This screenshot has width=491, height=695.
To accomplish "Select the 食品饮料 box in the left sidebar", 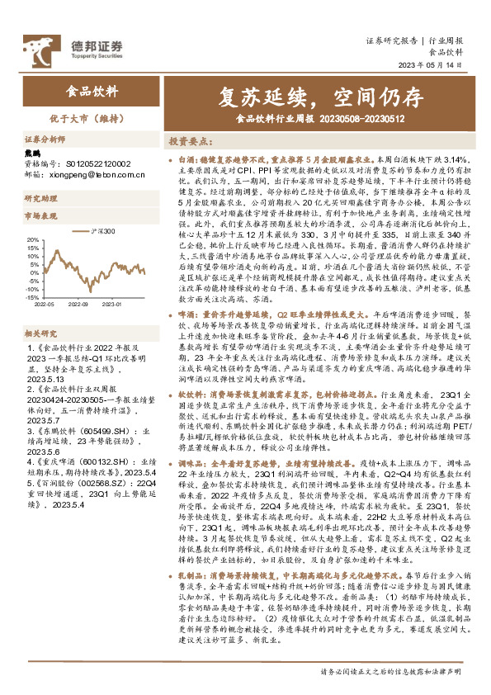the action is click(x=92, y=91).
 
